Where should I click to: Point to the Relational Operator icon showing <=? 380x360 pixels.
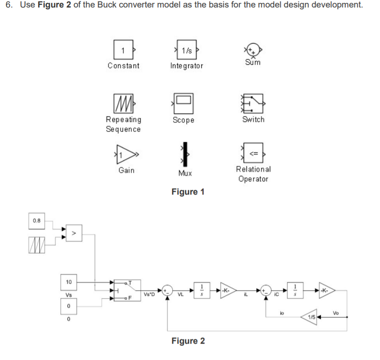click(x=253, y=153)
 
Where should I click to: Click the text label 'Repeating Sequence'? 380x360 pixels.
click(x=123, y=125)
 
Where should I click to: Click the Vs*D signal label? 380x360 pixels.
click(x=150, y=295)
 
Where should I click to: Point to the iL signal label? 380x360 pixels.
click(x=246, y=295)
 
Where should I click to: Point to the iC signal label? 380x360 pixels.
click(x=277, y=295)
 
